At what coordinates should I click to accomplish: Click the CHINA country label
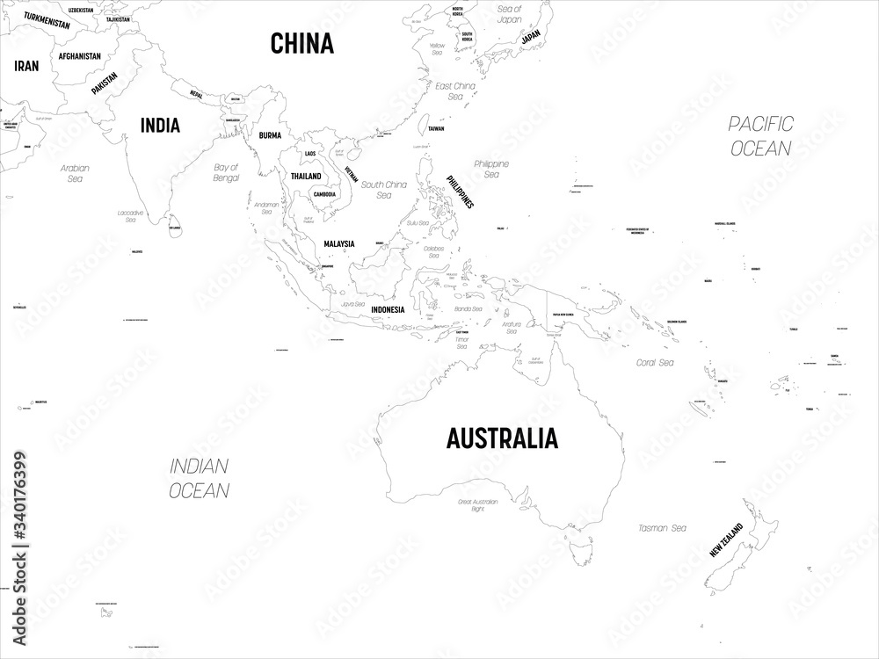tap(301, 42)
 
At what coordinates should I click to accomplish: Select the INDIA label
tap(160, 126)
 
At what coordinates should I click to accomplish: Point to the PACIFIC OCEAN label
tap(760, 135)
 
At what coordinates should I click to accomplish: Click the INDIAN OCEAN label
tap(200, 478)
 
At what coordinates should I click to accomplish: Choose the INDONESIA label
tap(387, 309)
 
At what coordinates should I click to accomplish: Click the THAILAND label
tap(306, 176)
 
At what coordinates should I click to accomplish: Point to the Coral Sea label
tap(655, 362)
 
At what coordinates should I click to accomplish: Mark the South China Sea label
tap(384, 190)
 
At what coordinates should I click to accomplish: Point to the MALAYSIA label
tap(338, 243)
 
